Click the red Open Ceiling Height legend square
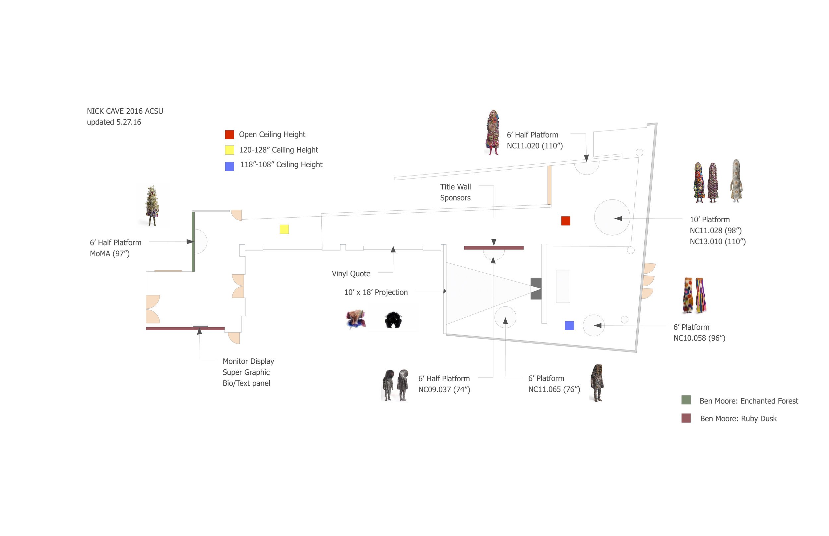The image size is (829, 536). [x=229, y=135]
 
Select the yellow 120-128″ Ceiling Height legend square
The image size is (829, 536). [x=229, y=150]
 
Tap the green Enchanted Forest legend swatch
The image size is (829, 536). [x=686, y=400]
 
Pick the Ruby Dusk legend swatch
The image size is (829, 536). [x=686, y=418]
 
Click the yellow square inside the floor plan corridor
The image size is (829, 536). [x=284, y=229]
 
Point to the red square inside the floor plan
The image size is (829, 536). [x=566, y=221]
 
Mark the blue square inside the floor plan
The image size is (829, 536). [x=569, y=325]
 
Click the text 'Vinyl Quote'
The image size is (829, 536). [x=351, y=274]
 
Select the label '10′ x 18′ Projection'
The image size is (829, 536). [x=376, y=293]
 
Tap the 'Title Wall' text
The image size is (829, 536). [x=455, y=187]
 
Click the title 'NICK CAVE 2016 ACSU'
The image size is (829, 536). [x=125, y=111]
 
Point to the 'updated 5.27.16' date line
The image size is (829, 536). [x=114, y=122]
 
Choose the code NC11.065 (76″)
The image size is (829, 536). [x=554, y=389]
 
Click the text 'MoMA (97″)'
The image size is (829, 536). [x=109, y=253]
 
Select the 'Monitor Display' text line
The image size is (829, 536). [x=248, y=361]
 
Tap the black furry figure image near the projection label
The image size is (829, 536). [x=393, y=319]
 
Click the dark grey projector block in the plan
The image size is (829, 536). [x=536, y=289]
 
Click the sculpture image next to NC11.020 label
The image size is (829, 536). [x=492, y=132]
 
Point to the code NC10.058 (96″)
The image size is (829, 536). [x=699, y=338]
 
